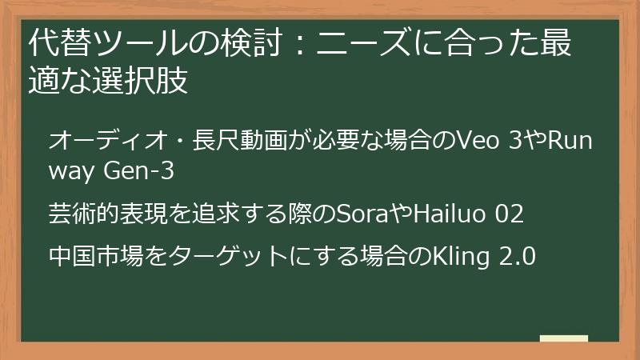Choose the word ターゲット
206,258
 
